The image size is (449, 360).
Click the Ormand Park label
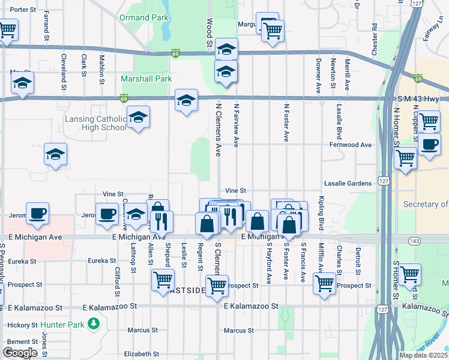143,18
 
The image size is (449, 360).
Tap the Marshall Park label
146,79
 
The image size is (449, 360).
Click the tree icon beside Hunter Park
93,325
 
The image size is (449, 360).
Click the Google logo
20,352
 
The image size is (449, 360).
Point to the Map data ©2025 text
423,355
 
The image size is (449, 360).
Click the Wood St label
209,32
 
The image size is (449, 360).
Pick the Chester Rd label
375,39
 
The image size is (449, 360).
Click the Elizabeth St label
141,354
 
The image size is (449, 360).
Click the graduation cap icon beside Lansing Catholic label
138,118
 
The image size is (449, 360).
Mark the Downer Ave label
318,74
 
